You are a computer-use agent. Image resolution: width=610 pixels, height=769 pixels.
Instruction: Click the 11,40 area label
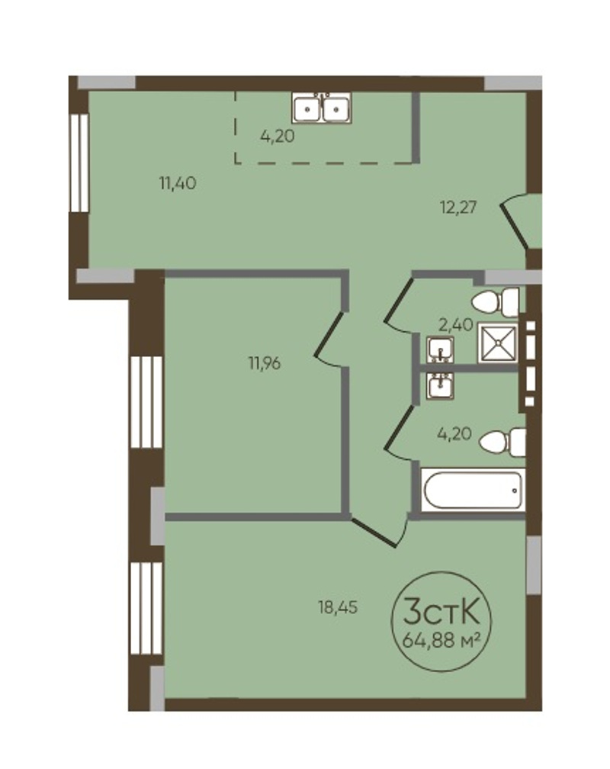pyautogui.click(x=178, y=183)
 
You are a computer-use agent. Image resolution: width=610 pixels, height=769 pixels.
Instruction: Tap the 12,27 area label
pyautogui.click(x=458, y=208)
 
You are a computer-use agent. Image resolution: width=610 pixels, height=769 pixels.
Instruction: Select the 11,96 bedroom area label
pyautogui.click(x=265, y=364)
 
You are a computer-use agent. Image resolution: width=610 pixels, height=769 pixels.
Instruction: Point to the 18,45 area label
pyautogui.click(x=338, y=608)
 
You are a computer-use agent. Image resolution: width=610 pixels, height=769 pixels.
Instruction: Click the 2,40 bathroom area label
pyautogui.click(x=455, y=324)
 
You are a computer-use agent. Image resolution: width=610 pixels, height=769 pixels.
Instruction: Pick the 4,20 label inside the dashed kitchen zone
pyautogui.click(x=278, y=137)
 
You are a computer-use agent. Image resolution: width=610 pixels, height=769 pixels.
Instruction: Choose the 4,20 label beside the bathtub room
pyautogui.click(x=454, y=433)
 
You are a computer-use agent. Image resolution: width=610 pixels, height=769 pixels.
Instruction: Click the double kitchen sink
pyautogui.click(x=321, y=108)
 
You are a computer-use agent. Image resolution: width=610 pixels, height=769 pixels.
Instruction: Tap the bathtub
pyautogui.click(x=473, y=490)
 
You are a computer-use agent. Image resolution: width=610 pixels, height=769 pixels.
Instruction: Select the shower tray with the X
pyautogui.click(x=497, y=343)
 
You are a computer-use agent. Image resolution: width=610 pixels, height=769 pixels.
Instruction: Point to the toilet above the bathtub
pyautogui.click(x=502, y=442)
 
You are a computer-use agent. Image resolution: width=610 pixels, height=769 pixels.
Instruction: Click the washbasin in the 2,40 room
pyautogui.click(x=440, y=350)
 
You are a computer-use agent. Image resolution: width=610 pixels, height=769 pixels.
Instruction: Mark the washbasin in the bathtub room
pyautogui.click(x=440, y=385)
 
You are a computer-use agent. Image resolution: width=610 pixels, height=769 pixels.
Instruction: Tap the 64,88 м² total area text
pyautogui.click(x=440, y=640)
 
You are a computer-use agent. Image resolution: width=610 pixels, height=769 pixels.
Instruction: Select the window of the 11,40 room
pyautogui.click(x=79, y=163)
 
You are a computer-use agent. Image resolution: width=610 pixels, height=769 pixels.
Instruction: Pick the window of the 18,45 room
pyautogui.click(x=146, y=608)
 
